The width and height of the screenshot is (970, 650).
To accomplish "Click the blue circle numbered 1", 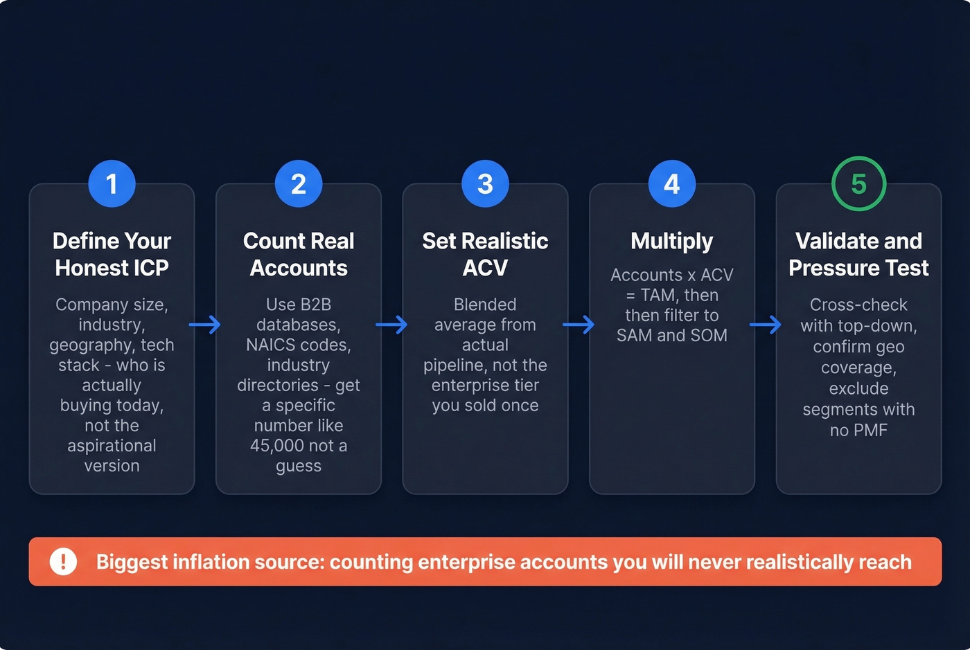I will coord(112,184).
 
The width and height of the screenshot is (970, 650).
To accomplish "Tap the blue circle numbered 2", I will coord(299,184).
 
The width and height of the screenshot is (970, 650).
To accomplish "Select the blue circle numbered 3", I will coord(485,184).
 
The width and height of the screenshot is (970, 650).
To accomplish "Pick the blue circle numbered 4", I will coord(672,184).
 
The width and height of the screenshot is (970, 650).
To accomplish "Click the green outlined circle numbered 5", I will coord(858,184).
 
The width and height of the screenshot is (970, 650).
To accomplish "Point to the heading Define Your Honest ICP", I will coord(112,254).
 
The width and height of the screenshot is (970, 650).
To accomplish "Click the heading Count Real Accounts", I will coord(299,254).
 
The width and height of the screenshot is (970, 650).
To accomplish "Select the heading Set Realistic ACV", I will coord(485,254).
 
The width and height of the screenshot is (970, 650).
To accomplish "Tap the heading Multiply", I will coord(672,241).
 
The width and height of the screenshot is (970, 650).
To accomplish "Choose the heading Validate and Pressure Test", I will coord(858,254).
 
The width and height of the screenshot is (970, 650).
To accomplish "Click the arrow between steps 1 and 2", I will coord(205,324).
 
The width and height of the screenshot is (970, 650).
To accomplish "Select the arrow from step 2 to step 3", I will coord(391,324).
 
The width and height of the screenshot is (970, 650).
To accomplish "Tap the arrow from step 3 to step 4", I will coord(579,324).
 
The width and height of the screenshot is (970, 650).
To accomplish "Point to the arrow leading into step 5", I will coord(766,324).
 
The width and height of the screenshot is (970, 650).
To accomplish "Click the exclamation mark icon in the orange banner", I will coord(63,561).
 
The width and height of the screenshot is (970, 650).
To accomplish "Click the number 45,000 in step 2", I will coord(277,446).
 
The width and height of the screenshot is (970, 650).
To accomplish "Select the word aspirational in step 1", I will coord(112,446).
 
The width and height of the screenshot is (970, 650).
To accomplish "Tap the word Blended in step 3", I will coord(485,305).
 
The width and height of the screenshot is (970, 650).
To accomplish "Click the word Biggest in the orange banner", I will coord(132,562).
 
